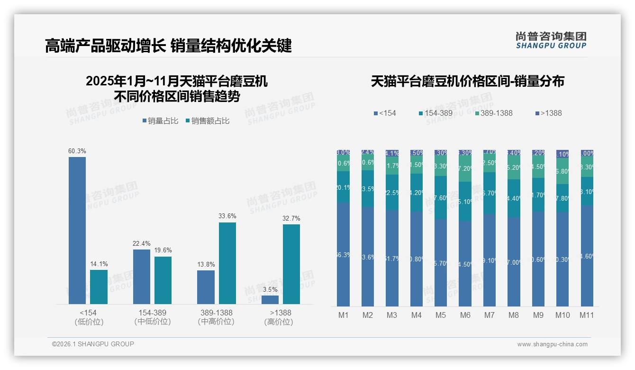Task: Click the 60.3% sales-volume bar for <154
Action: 77,230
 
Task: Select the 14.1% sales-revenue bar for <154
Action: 99,287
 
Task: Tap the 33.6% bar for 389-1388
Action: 227,263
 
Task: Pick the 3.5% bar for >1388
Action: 270,299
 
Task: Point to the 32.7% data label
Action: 292,219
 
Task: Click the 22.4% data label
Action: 142,244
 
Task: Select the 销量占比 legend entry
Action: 160,121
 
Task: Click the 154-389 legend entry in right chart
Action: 436,113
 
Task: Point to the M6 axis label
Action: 465,315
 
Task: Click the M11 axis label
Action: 587,315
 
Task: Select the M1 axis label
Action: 343,315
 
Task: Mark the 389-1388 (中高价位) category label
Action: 216,317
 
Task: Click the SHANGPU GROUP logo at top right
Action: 551,40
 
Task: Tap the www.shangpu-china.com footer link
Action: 552,344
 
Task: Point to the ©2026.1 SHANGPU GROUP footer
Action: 93,344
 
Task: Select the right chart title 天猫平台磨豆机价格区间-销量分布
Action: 467,82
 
